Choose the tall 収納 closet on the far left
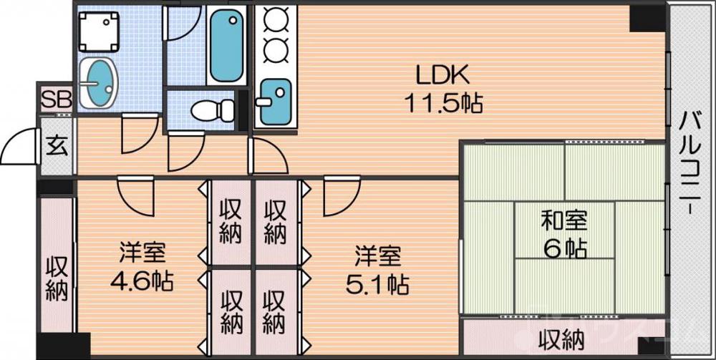pyautogui.click(x=57, y=276)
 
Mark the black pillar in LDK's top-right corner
pyautogui.click(x=647, y=19)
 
